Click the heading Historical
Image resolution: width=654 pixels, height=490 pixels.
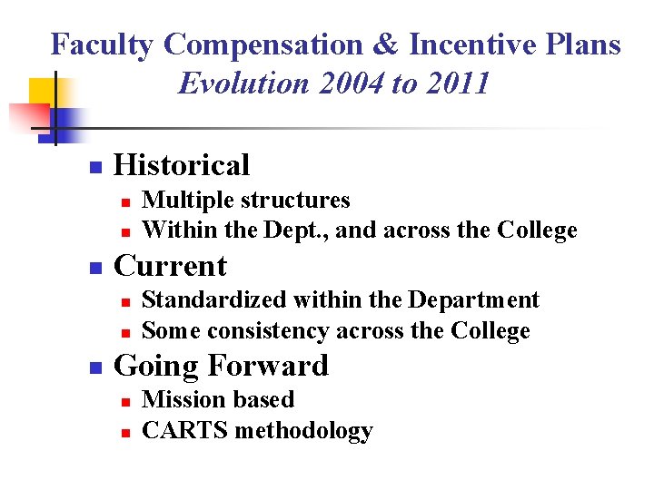[x=182, y=165]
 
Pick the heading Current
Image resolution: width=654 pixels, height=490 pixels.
[x=171, y=266]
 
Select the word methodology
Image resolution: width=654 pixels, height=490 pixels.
[x=303, y=431]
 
